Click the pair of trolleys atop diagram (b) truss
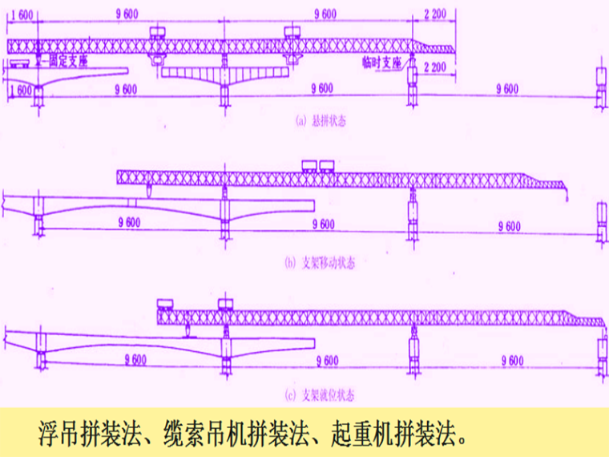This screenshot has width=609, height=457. point(317,164)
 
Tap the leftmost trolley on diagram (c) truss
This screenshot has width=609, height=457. point(167,302)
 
